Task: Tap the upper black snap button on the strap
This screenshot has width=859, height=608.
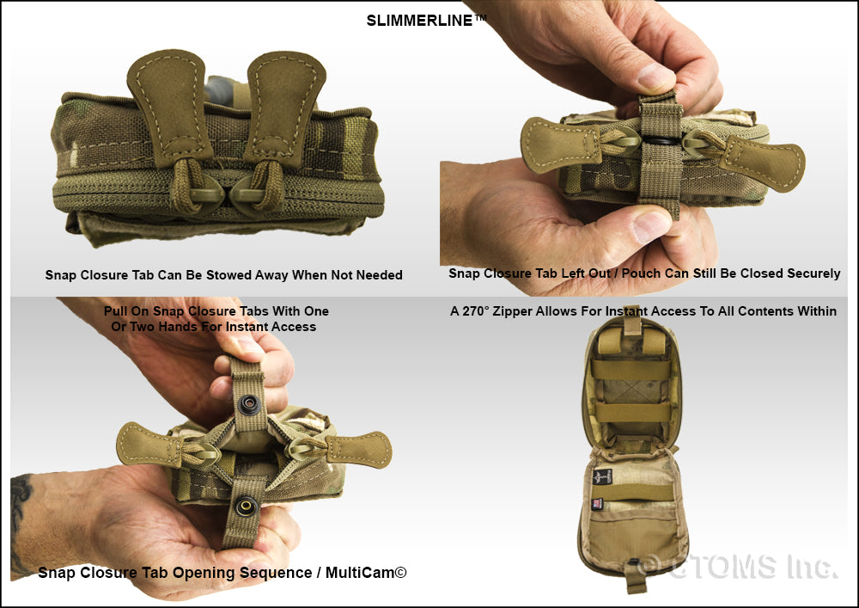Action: coord(250,404)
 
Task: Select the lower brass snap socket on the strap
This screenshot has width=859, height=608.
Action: coord(247,506)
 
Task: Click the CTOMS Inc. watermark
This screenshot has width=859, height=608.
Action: coord(737,567)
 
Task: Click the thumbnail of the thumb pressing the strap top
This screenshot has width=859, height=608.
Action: coord(655,77)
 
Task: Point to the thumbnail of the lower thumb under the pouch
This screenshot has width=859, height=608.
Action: coord(649,226)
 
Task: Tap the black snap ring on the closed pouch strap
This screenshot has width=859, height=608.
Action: coord(661,141)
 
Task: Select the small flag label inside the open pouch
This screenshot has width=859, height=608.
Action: coord(597,503)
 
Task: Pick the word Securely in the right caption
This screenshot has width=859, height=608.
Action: coord(813,273)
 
